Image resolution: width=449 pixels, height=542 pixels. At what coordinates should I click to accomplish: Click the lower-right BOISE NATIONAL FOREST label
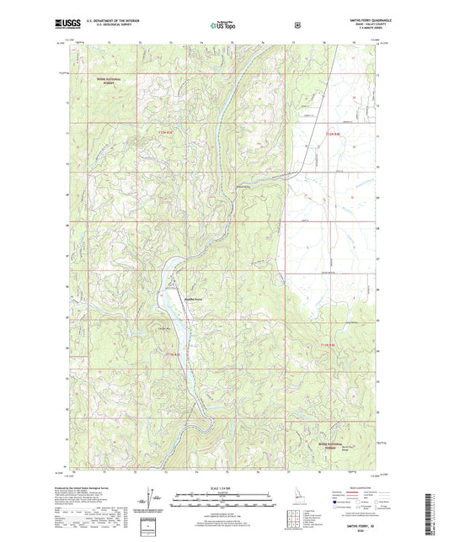(355, 432)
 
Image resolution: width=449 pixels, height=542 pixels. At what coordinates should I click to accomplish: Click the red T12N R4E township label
(337, 133)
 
